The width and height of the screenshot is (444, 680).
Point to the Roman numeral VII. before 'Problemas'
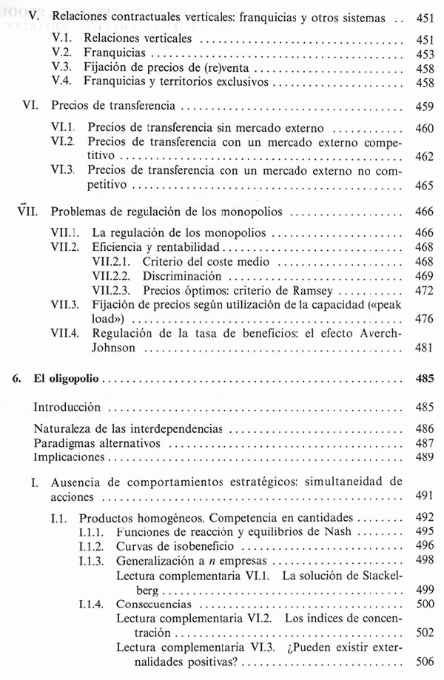click(28, 212)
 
